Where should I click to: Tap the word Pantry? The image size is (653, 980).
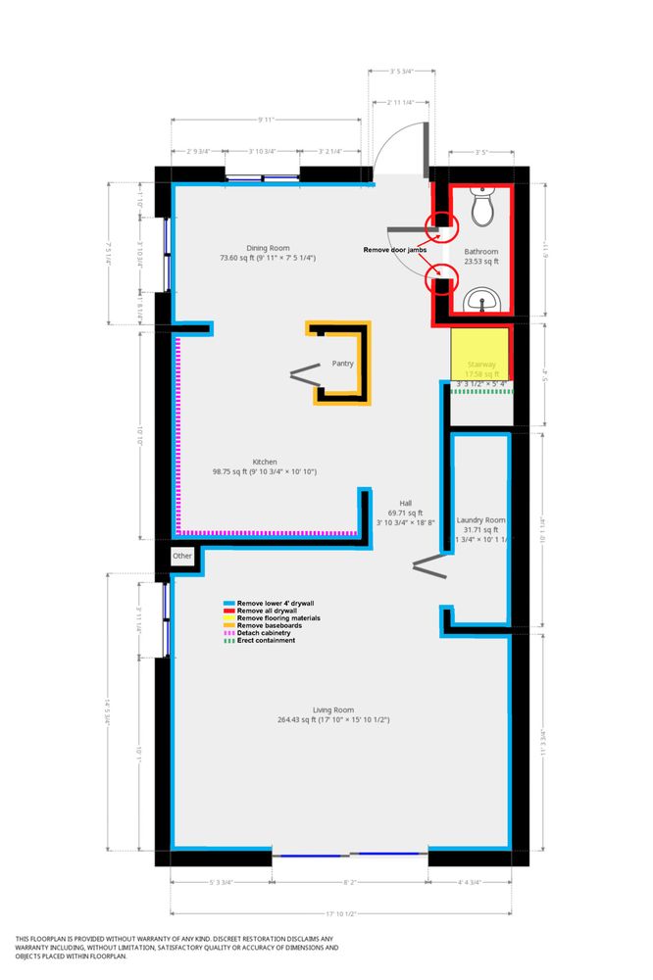pyautogui.click(x=342, y=363)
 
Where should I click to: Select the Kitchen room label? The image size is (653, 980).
pyautogui.click(x=265, y=461)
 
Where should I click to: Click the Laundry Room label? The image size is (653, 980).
pyautogui.click(x=481, y=519)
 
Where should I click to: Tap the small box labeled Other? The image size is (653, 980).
pyautogui.click(x=182, y=556)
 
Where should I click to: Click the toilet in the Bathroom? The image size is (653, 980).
pyautogui.click(x=481, y=206)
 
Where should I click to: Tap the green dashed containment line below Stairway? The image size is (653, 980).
pyautogui.click(x=480, y=391)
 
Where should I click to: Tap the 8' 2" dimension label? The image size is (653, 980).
pyautogui.click(x=350, y=882)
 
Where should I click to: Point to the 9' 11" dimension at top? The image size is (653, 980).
pyautogui.click(x=266, y=120)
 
